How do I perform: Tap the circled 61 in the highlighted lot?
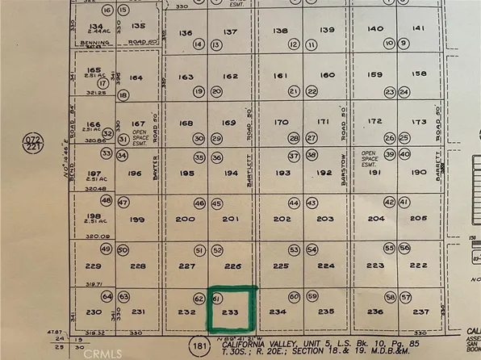click(x=216, y=298)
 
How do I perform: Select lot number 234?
click(x=278, y=312)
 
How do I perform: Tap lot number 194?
click(x=232, y=174)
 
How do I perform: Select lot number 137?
click(x=231, y=31)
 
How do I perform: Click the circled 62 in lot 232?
click(x=199, y=298)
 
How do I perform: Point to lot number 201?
click(x=232, y=220)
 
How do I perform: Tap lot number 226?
click(x=232, y=266)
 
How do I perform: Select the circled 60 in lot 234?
click(x=295, y=298)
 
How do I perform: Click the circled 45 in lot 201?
click(x=216, y=204)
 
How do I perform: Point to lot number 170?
click(x=281, y=123)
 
